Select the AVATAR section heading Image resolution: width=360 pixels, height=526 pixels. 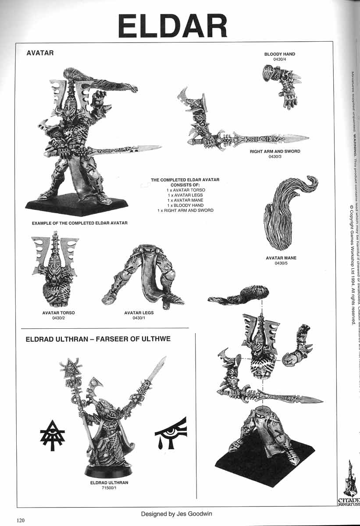click(40, 53)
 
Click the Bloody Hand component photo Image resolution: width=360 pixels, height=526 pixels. click(281, 85)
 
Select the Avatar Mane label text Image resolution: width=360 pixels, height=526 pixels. click(281, 258)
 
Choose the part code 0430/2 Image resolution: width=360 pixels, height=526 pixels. click(58, 318)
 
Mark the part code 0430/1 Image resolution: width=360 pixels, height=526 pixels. click(139, 318)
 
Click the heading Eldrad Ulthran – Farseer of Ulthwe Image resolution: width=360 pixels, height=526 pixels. click(98, 339)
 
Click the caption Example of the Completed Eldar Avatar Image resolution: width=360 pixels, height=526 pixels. click(80, 223)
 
